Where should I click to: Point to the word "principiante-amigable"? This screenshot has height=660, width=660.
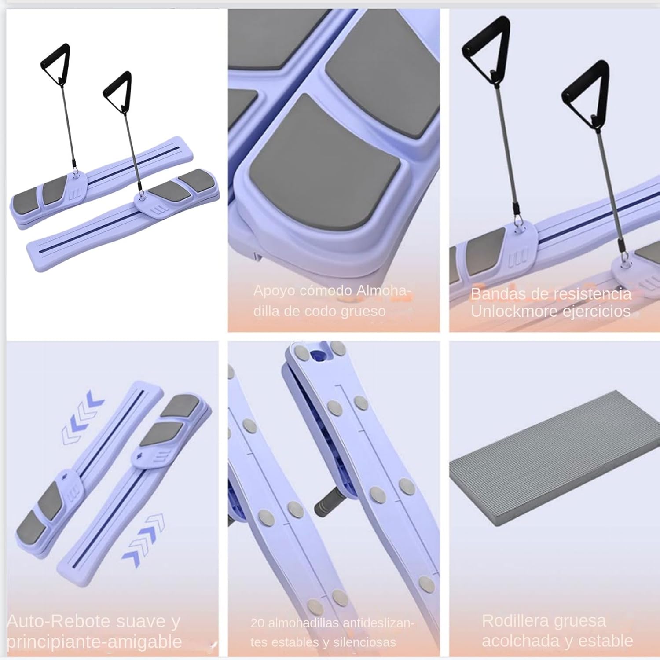94,642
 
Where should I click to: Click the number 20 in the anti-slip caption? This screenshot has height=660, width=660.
257,623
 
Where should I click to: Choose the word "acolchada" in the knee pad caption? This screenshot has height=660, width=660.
520,641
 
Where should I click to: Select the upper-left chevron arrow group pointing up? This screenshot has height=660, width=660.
83,415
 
